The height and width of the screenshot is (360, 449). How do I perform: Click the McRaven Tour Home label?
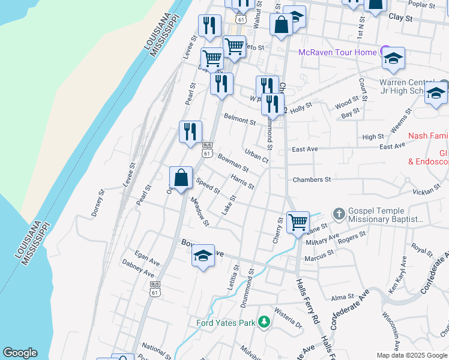[338, 52]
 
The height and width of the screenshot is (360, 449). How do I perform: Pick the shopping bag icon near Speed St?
[181, 178]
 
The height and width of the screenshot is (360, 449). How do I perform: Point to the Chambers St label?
[312, 179]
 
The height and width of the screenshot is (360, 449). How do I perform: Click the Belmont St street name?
[240, 119]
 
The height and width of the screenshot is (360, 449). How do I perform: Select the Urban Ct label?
[256, 155]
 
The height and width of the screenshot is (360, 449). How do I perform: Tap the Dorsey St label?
[98, 203]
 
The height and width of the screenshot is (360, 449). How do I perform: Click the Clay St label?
[401, 19]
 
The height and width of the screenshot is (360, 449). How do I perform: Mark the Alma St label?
[343, 297]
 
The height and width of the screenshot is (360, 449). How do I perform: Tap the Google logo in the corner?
[20, 353]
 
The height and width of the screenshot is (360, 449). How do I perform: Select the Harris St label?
[243, 181]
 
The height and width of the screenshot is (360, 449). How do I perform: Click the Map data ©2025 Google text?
[412, 355]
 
